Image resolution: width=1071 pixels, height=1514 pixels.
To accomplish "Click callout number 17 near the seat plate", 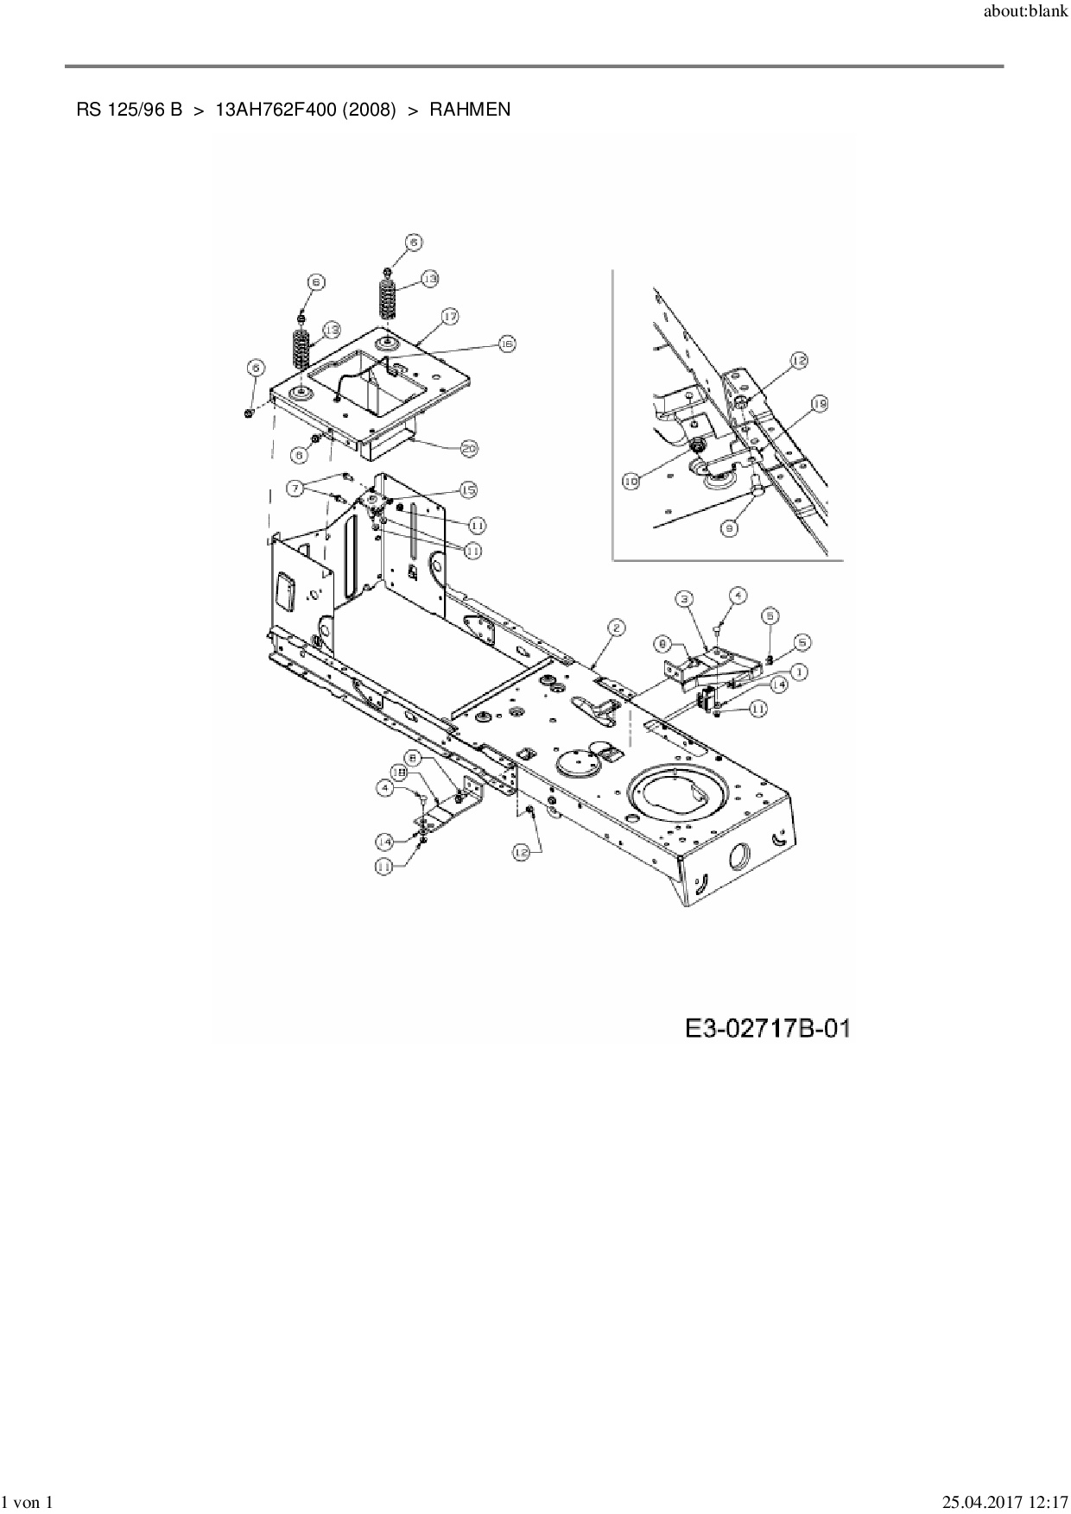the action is (x=450, y=317).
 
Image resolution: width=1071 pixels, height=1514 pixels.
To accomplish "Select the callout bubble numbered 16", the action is (x=506, y=344).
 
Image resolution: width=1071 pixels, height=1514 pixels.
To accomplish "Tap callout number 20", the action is (x=469, y=448).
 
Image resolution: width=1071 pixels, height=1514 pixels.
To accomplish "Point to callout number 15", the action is (x=468, y=489).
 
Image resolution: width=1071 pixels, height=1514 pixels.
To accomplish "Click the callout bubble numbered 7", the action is (x=296, y=489).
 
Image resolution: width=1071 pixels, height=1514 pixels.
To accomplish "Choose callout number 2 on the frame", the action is (x=615, y=628).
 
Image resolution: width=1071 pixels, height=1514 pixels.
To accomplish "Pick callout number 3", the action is (x=683, y=597).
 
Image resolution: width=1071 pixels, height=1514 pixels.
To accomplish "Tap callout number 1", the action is (x=800, y=670).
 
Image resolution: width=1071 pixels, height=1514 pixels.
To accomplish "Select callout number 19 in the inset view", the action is (x=820, y=403).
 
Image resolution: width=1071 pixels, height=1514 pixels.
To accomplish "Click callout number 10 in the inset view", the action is (x=631, y=482).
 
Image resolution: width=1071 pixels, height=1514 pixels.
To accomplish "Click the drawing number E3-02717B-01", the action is (x=768, y=1028).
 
